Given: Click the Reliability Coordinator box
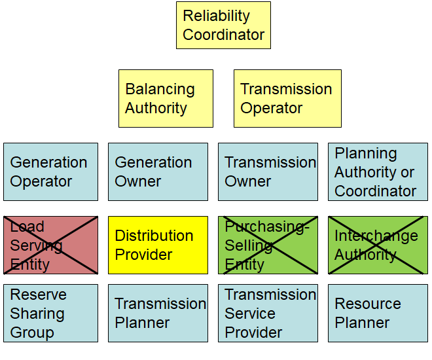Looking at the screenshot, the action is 223,26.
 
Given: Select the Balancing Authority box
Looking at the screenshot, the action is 166,99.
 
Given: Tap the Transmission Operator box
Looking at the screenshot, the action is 287,99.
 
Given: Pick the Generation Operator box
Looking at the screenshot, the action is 50,172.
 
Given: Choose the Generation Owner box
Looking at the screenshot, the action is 158,172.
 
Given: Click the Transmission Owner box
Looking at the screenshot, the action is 268,172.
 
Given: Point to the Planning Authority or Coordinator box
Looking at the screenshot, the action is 378,172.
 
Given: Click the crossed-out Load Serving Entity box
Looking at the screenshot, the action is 50,245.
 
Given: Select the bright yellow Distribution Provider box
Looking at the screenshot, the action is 158,245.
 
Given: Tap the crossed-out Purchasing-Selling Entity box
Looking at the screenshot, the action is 268,245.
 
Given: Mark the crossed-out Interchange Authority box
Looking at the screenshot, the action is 378,245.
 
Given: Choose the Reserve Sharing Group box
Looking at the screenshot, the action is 50,314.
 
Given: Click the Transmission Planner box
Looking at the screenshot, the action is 158,314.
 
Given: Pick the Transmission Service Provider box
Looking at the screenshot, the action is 268,314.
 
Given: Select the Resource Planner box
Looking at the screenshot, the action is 378,314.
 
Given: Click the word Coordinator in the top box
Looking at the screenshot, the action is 223,35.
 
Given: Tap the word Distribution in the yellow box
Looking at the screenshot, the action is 154,236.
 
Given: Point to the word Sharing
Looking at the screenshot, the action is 37,314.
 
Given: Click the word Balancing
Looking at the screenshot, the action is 160,90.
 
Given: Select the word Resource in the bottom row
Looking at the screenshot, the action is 368,304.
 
